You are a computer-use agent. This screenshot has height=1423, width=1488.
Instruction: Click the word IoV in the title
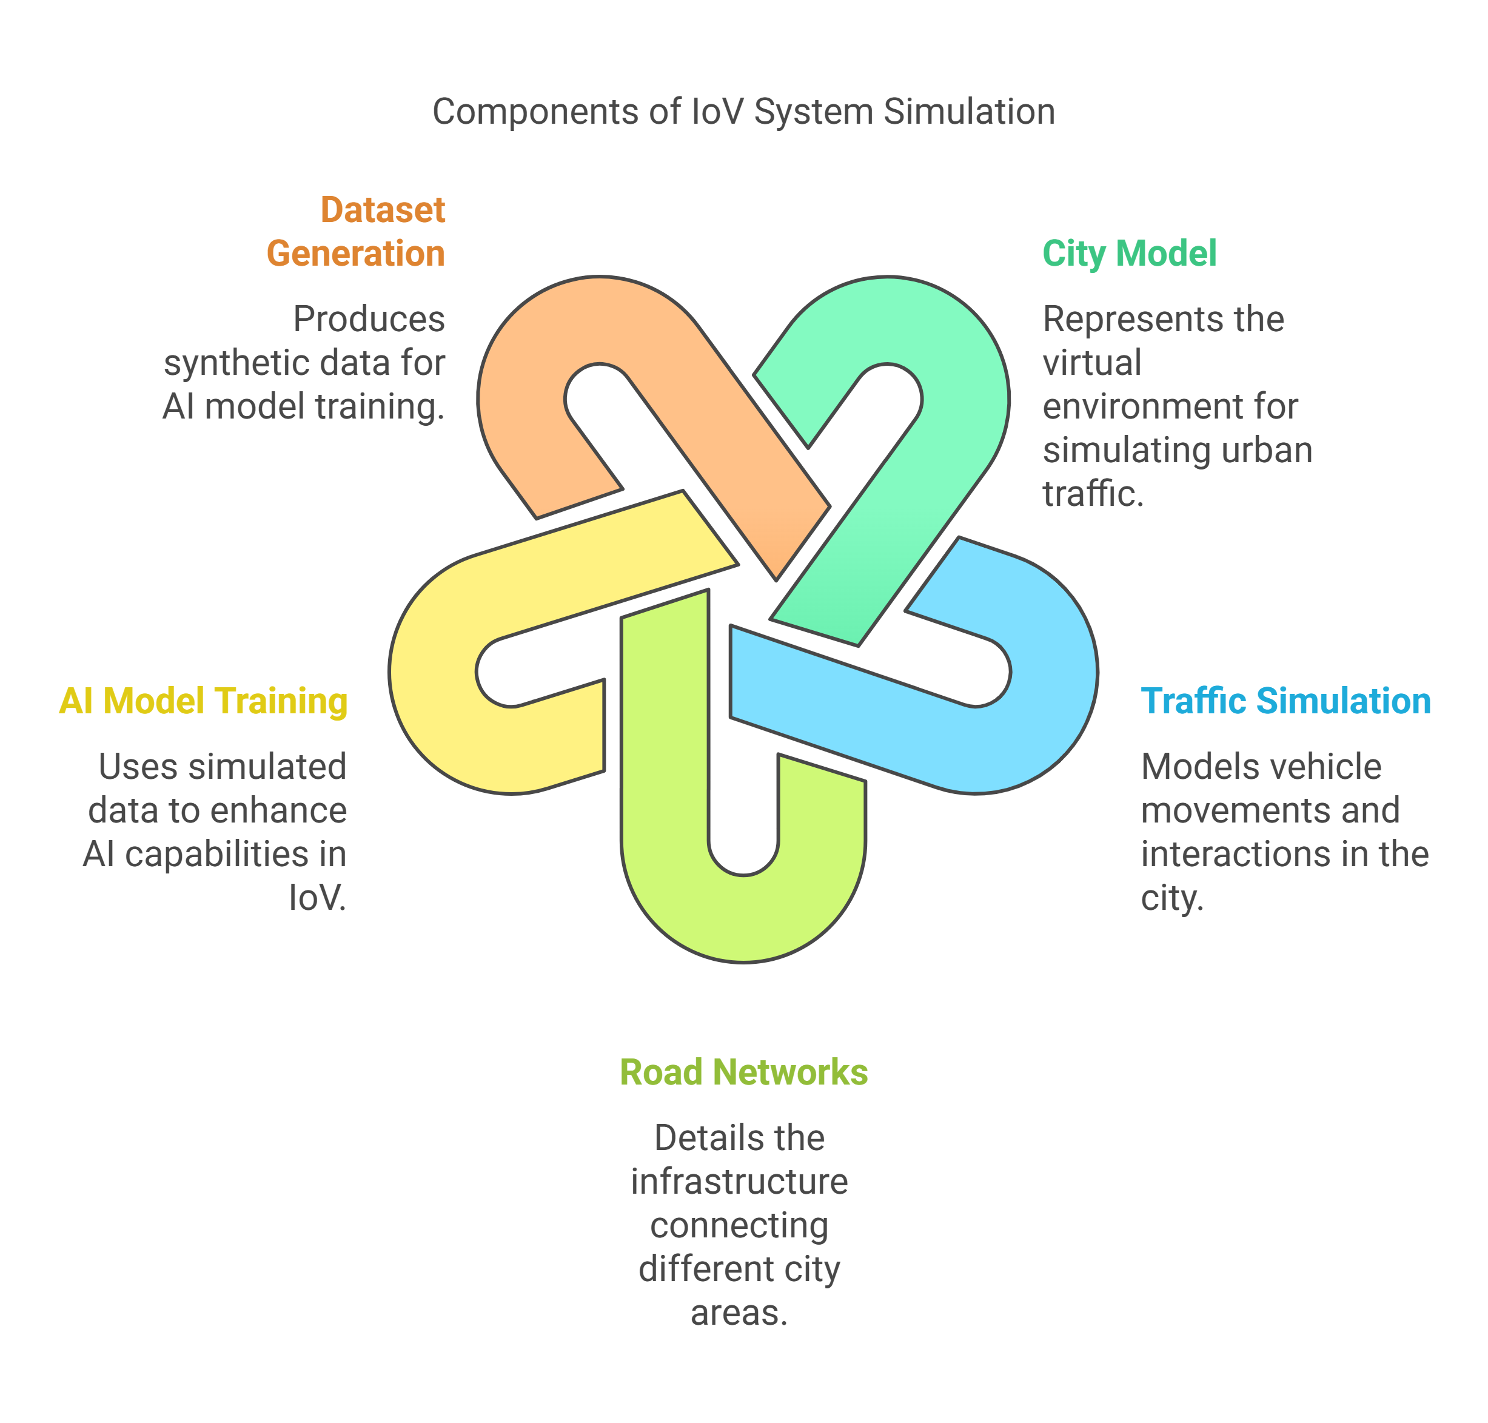click(717, 112)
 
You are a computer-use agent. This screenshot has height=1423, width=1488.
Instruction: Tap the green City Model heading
click(1128, 254)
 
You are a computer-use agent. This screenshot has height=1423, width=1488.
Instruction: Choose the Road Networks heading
click(743, 1072)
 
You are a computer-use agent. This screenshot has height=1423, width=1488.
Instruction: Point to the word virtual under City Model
click(1091, 363)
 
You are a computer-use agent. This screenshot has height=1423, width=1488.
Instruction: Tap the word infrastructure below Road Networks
click(739, 1181)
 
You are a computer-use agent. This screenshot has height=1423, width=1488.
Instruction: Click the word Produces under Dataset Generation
click(369, 318)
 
